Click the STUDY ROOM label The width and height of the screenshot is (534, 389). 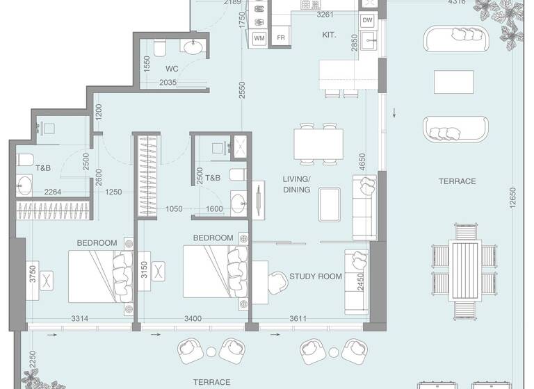(x=315, y=276)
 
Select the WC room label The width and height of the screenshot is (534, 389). (x=172, y=69)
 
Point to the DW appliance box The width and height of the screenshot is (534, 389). (x=368, y=21)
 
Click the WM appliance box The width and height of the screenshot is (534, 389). (x=260, y=37)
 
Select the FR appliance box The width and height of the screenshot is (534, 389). (x=281, y=37)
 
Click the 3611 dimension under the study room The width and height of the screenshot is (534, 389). (x=298, y=319)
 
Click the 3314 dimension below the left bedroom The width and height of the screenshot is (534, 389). (x=80, y=319)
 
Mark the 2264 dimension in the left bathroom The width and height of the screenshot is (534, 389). (x=54, y=192)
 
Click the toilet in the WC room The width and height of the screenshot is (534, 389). (x=159, y=47)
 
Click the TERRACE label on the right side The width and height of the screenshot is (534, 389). (x=457, y=181)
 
